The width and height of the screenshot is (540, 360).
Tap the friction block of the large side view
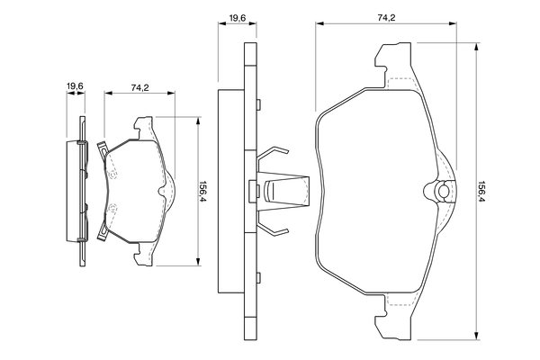[x=229, y=192]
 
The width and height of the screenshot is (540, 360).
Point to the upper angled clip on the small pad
[x=102, y=147]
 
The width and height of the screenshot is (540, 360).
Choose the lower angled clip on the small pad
[x=102, y=236]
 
